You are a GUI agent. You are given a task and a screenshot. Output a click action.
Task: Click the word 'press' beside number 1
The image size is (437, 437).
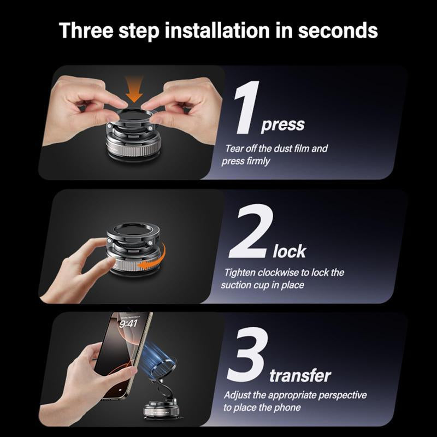pyautogui.click(x=283, y=126)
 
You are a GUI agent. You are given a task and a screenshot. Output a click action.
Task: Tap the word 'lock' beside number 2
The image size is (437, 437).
pyautogui.click(x=289, y=251)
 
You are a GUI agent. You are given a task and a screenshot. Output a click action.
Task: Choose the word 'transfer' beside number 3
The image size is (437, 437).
pyautogui.click(x=300, y=376)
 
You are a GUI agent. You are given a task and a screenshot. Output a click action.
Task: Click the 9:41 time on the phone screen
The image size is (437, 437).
pyautogui.click(x=128, y=323)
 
